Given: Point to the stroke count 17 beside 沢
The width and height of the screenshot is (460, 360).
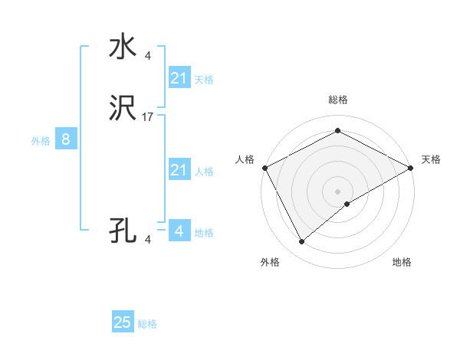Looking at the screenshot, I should (148, 117).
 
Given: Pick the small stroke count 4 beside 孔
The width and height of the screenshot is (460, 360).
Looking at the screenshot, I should (148, 239).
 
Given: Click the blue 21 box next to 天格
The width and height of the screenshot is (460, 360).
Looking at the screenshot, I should (179, 78).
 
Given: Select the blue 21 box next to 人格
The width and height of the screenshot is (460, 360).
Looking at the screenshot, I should (179, 170).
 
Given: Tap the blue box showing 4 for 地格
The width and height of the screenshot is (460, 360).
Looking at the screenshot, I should (179, 231).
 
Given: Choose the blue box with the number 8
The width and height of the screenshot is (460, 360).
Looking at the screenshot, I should (66, 139).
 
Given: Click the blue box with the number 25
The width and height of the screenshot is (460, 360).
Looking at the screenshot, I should (123, 322).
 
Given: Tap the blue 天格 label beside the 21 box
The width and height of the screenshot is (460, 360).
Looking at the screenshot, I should (204, 80).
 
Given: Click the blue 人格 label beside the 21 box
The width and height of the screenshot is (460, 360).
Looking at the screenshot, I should (204, 172).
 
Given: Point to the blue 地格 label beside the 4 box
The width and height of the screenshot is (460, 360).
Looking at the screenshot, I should (204, 233).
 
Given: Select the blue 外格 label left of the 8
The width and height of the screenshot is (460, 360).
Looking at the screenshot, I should (41, 141).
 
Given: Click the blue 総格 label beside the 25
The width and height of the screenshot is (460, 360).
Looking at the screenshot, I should (147, 324).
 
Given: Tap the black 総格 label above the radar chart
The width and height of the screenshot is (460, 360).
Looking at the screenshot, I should (337, 100).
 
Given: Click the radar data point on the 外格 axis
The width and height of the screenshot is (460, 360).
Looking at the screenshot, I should (301, 241).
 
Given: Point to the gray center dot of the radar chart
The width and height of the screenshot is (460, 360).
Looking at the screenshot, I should (337, 191).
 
